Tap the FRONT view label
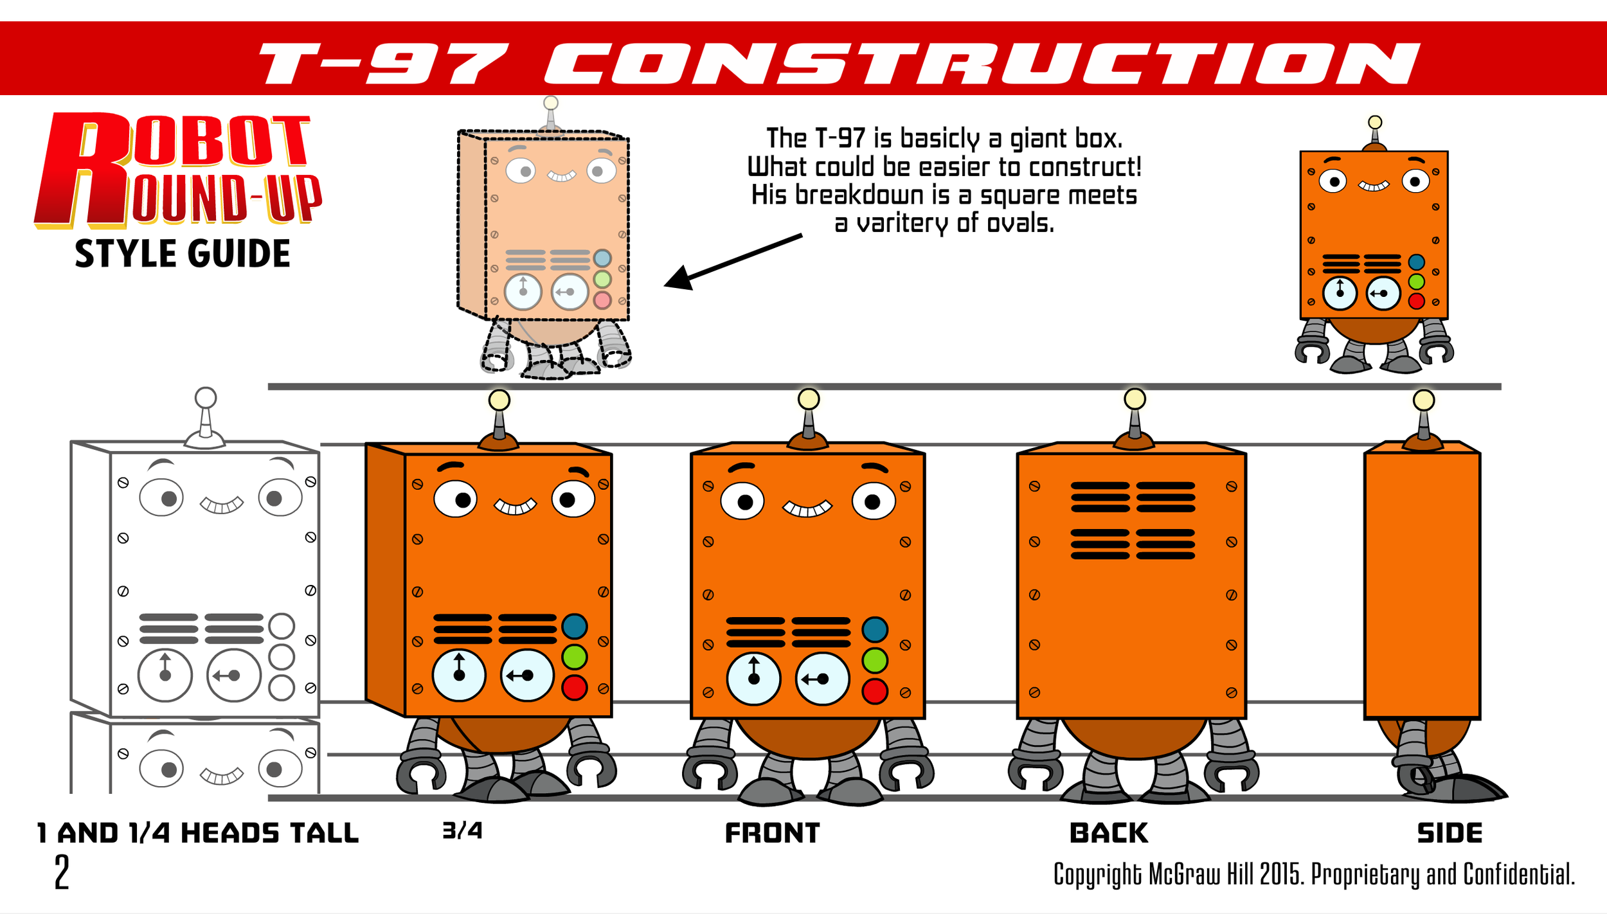(x=772, y=834)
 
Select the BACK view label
(x=1108, y=834)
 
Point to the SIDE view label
(x=1450, y=834)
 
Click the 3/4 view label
(x=462, y=831)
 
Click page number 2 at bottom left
(x=62, y=873)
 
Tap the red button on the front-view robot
(x=875, y=692)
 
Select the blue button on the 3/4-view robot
(x=574, y=627)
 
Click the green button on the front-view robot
(x=875, y=661)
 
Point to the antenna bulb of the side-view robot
(x=1424, y=400)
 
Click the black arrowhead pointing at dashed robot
(x=679, y=278)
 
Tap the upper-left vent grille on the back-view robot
(x=1100, y=497)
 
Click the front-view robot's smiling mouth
(x=807, y=509)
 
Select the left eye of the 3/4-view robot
(x=455, y=499)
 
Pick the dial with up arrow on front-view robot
(x=753, y=679)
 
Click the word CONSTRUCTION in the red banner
(x=980, y=64)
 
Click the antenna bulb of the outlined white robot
(x=206, y=398)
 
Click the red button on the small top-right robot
(x=1416, y=301)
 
